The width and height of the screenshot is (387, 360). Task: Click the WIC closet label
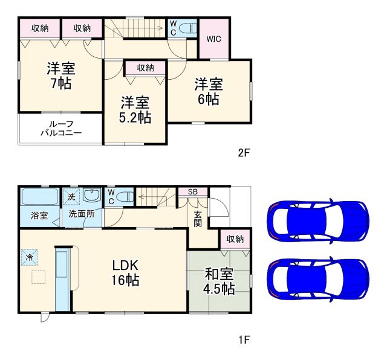[x=213, y=39]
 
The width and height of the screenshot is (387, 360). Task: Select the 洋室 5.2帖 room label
[x=135, y=109]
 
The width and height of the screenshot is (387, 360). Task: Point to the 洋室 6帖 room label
[x=207, y=91]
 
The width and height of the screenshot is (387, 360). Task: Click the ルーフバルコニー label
[x=61, y=129]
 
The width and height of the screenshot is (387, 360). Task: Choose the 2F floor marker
[x=243, y=153]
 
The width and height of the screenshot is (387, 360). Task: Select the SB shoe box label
[x=192, y=192]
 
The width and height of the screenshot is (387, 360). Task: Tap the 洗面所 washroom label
[x=80, y=214]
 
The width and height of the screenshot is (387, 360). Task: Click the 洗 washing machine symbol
[x=71, y=196]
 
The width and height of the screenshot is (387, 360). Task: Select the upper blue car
[x=317, y=219]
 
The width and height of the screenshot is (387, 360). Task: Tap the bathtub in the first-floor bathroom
[x=41, y=197]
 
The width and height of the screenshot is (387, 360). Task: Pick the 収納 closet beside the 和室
[x=235, y=239]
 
